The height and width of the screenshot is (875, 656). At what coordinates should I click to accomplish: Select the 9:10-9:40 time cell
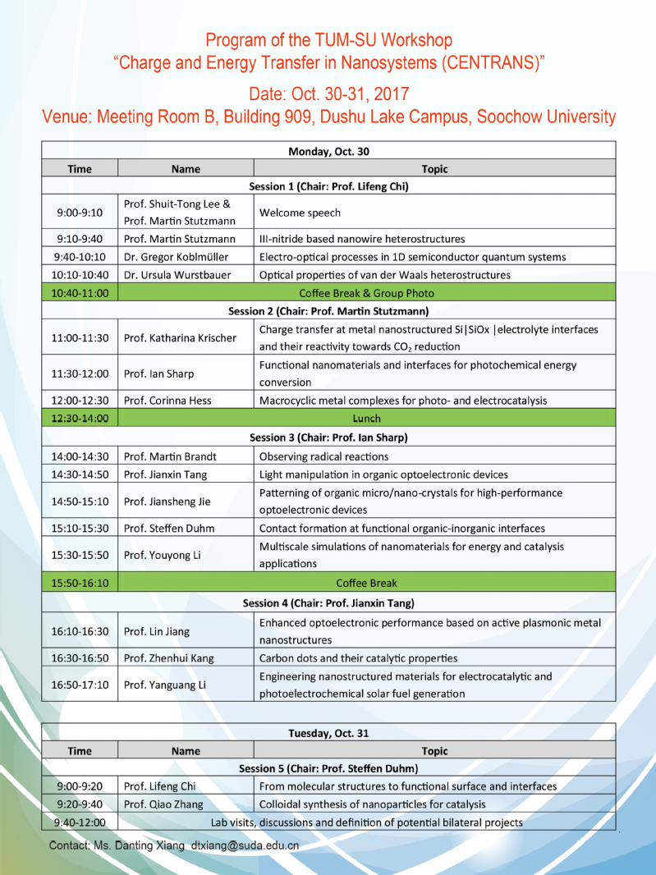(x=80, y=239)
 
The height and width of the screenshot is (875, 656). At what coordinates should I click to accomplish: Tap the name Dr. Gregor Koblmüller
(x=177, y=257)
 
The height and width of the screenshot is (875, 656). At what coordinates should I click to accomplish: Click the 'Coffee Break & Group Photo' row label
(x=366, y=293)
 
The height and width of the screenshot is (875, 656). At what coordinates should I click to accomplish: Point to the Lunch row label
(x=366, y=419)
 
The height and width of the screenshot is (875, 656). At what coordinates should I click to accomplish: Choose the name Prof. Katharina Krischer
(x=180, y=337)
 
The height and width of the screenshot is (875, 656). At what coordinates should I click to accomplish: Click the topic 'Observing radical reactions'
(x=323, y=456)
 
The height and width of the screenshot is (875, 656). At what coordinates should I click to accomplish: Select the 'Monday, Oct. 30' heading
(x=328, y=150)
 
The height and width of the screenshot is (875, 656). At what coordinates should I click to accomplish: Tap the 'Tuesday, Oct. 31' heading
(x=328, y=733)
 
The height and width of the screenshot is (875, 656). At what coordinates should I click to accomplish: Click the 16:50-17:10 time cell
(x=80, y=684)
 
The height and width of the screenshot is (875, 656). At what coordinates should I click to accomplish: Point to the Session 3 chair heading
(x=328, y=438)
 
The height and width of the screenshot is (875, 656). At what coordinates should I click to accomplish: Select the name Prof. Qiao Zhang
(x=163, y=804)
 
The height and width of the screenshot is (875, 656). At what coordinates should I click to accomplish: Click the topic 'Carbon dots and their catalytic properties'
(x=358, y=657)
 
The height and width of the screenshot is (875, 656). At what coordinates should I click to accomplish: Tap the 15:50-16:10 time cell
(x=80, y=584)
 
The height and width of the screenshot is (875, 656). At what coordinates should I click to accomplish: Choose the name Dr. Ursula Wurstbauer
(x=177, y=275)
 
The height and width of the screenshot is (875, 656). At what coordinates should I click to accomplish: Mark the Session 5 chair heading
(x=328, y=768)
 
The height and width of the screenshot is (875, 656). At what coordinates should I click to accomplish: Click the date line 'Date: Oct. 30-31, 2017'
(x=328, y=93)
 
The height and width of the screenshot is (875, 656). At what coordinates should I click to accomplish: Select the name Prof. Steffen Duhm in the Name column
(x=166, y=528)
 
